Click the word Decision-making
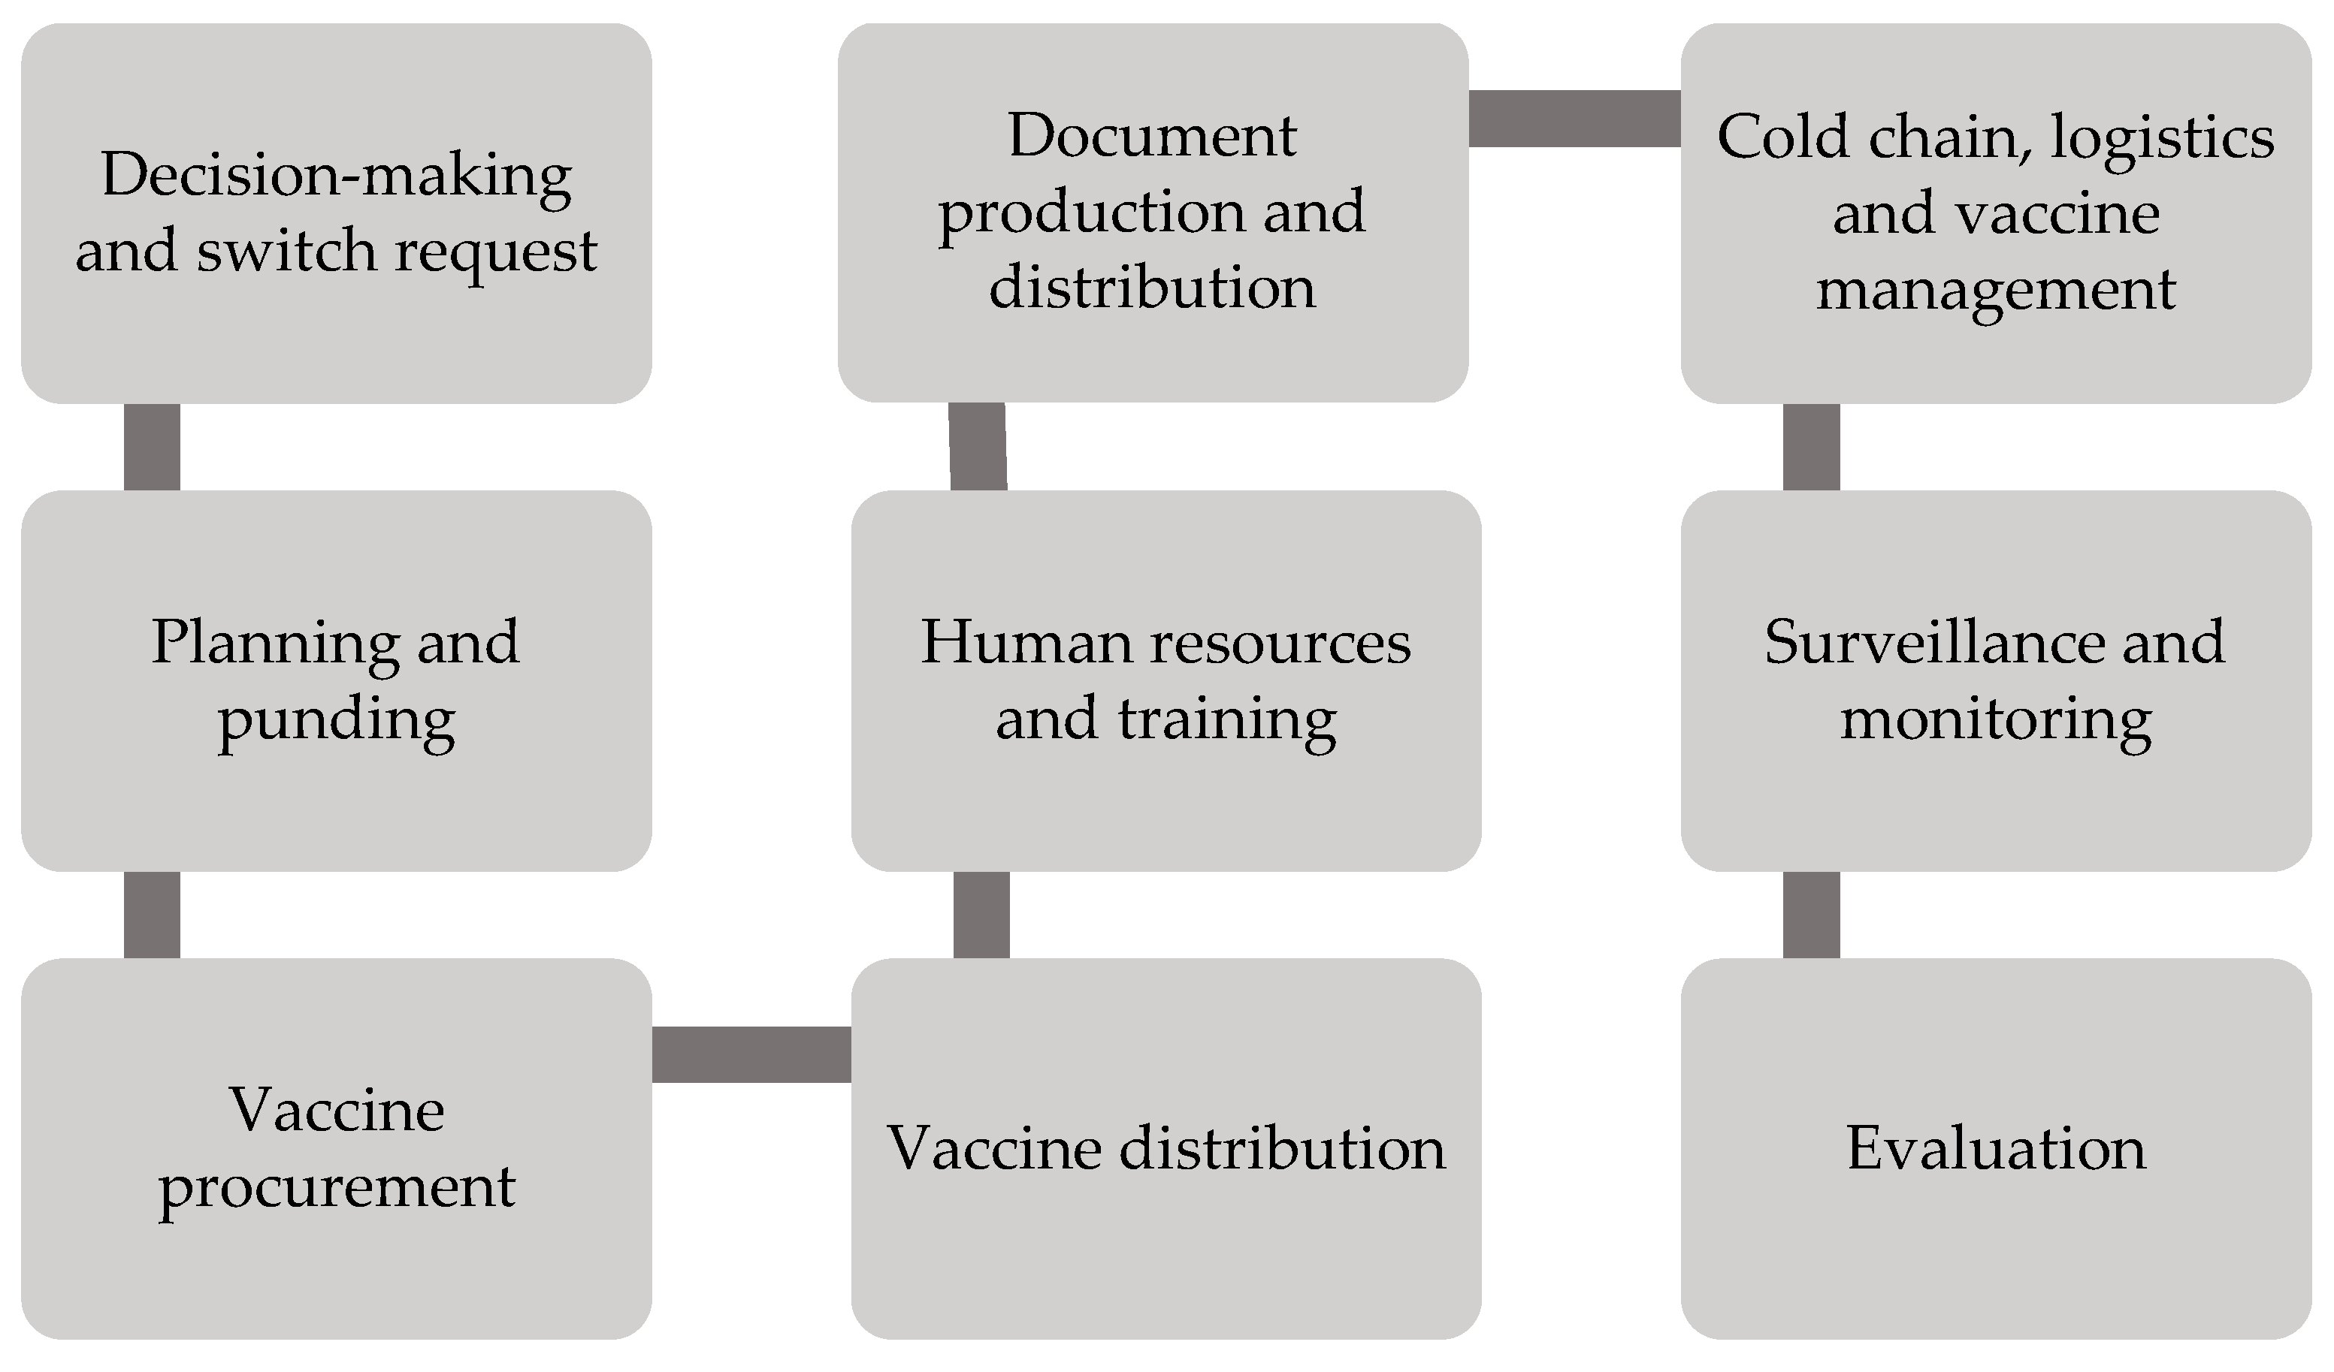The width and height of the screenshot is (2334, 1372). pos(335,176)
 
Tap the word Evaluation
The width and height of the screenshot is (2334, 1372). pos(1996,1149)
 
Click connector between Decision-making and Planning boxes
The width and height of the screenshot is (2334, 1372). pos(152,447)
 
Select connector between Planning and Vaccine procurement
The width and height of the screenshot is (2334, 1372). pos(152,915)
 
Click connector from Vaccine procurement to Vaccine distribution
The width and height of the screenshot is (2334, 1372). pos(751,1054)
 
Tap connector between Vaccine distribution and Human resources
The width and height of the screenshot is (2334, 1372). pos(981,915)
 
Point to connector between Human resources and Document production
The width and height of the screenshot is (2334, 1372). pos(978,446)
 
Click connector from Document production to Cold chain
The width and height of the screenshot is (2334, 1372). pos(1574,119)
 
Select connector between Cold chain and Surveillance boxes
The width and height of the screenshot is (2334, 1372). pos(1811,447)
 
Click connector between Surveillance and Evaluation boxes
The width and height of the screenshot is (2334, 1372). pos(1811,915)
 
